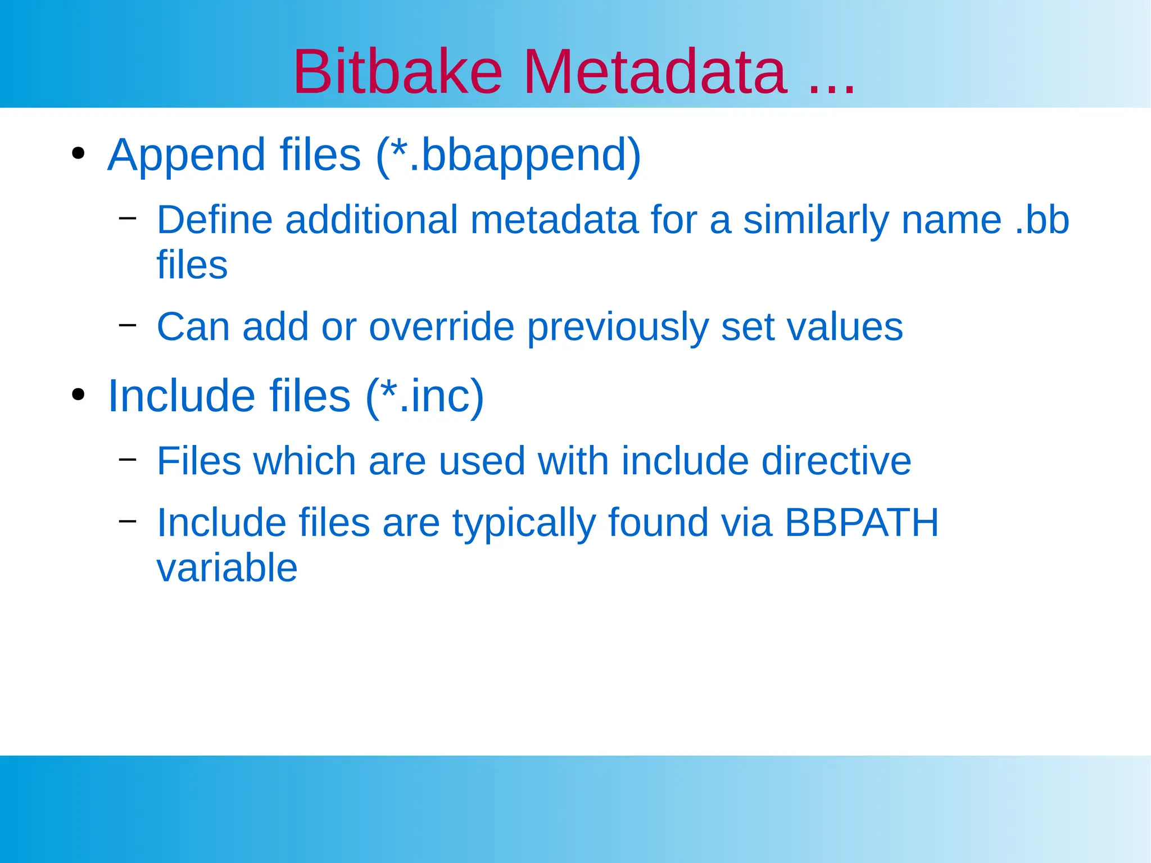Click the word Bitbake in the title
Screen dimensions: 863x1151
click(397, 72)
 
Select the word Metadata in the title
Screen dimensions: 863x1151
click(655, 72)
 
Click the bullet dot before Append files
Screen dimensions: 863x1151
click(78, 153)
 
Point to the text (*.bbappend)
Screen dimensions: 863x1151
click(509, 155)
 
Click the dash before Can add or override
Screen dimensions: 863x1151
click(128, 324)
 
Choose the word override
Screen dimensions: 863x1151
click(441, 326)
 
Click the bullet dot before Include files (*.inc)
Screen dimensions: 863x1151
click(78, 394)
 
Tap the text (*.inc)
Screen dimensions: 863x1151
click(425, 396)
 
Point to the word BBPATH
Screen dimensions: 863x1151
click(861, 523)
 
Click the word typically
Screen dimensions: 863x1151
click(524, 524)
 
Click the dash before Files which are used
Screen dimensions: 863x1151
click(128, 459)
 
